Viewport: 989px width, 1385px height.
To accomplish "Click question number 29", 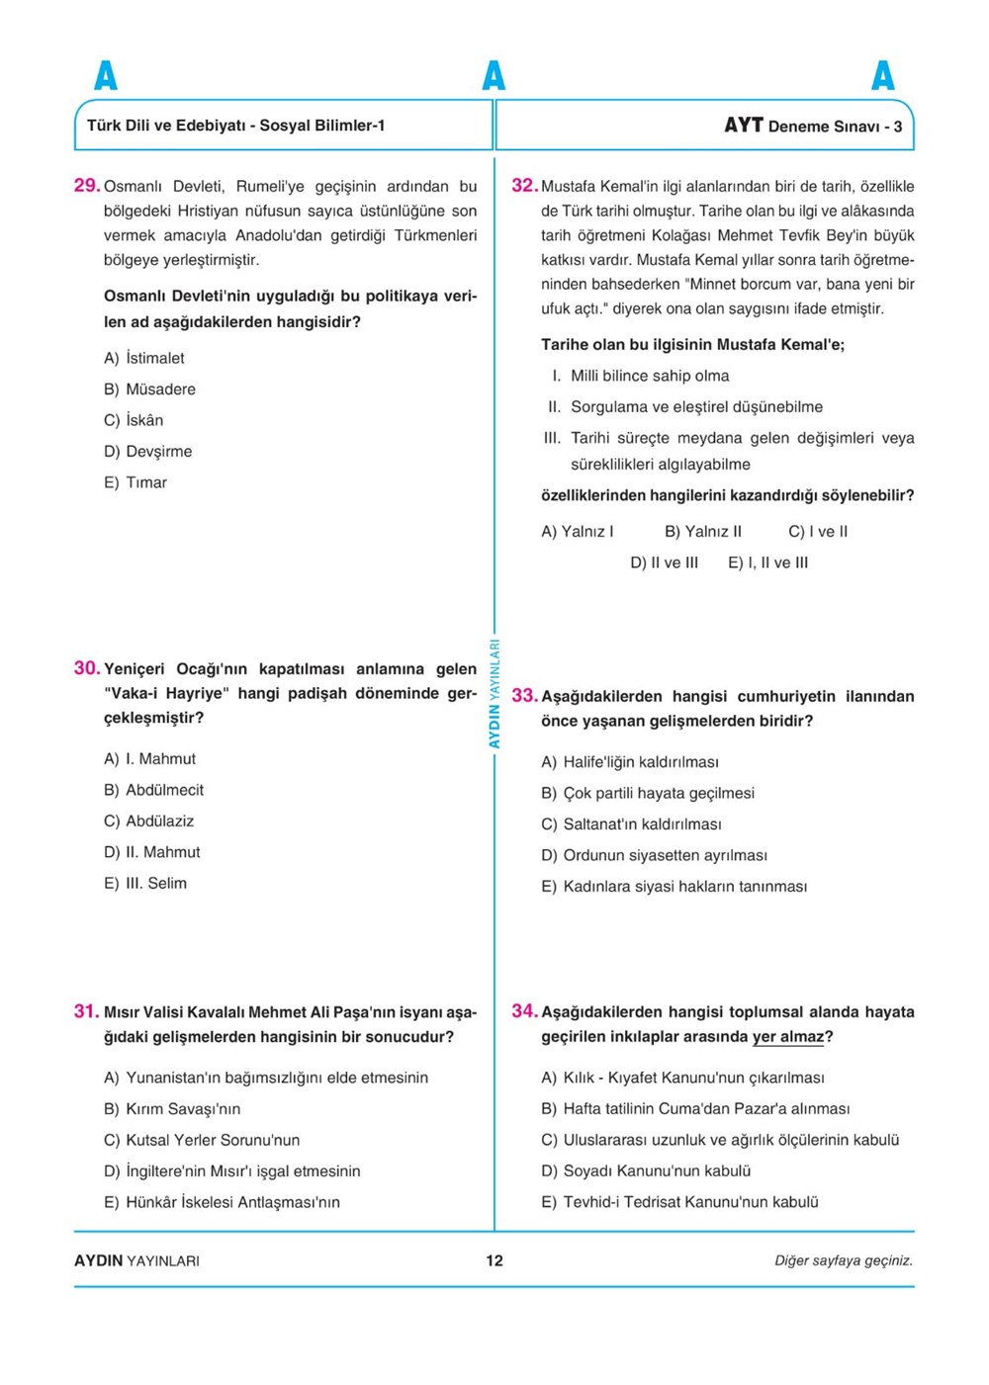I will coord(87,185).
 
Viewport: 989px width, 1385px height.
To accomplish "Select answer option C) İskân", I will coord(134,420).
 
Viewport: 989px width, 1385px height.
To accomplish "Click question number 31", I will coord(86,1011).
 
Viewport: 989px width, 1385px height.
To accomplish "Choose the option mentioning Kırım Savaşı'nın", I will coord(172,1109).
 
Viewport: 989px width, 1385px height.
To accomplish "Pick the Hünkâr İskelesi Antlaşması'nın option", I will coord(222,1202).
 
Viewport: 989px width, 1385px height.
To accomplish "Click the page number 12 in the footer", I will coord(494,1260).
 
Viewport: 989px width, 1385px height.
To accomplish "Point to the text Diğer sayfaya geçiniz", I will coord(844,1260).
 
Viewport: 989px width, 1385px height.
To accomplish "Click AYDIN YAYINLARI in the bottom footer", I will coord(136,1260).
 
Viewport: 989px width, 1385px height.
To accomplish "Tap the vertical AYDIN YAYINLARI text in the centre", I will coord(494,693).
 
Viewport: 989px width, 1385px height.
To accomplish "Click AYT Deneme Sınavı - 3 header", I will coord(813,126).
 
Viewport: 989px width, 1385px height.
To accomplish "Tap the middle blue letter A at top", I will coord(494,76).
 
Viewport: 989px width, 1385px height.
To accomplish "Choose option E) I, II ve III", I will coord(767,563).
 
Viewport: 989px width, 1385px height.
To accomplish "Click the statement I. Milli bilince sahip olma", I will coord(641,376).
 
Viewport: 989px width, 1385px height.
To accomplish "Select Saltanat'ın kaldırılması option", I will coord(631,824).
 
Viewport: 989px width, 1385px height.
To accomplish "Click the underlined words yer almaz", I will coord(788,1037).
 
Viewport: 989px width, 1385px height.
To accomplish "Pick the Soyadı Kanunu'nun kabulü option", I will coord(646,1171).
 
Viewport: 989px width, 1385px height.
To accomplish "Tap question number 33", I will coord(524,696).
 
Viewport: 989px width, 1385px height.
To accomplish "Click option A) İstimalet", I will coord(144,358).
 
